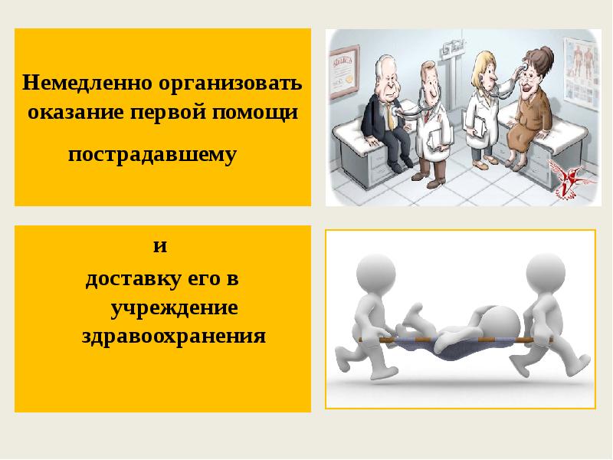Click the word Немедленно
[87, 83]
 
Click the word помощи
[255, 113]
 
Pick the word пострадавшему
[152, 155]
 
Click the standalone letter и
[160, 246]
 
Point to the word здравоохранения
[174, 337]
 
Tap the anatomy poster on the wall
[582, 73]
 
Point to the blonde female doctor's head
[486, 67]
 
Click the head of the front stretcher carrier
[376, 273]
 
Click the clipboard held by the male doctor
[437, 138]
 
